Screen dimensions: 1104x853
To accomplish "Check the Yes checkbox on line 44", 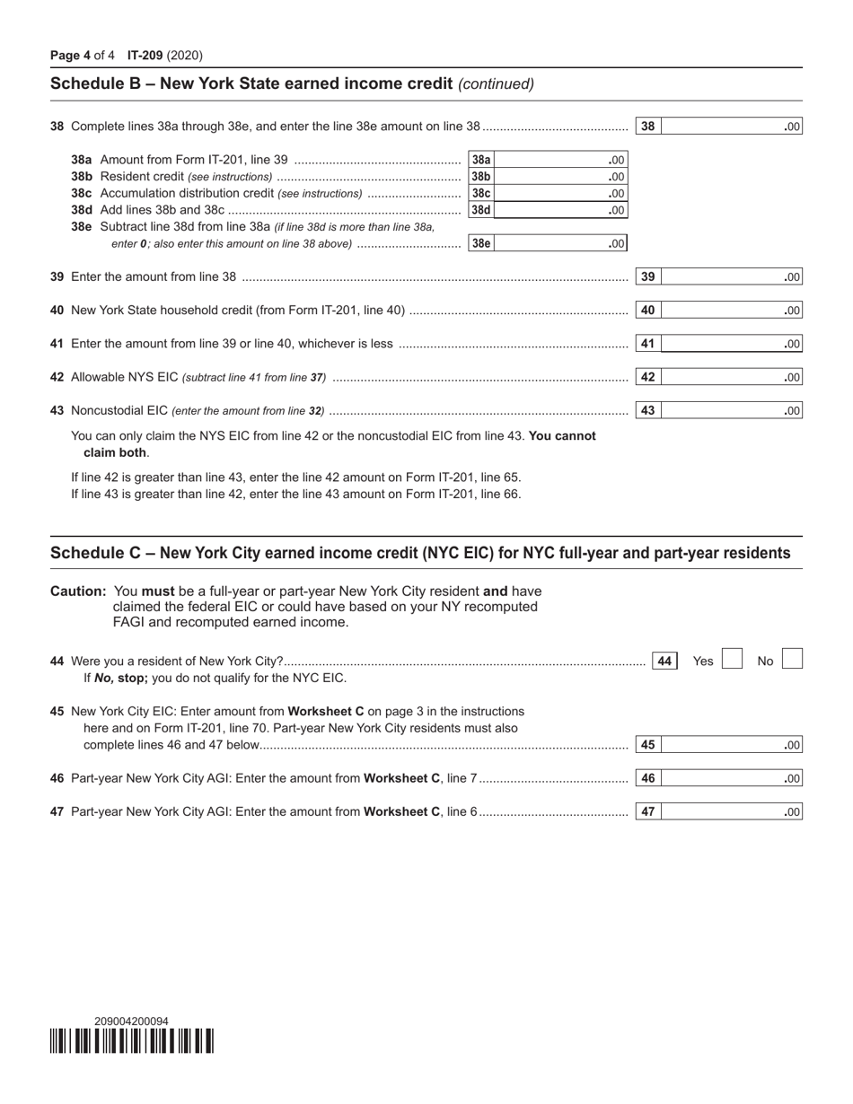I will tap(733, 660).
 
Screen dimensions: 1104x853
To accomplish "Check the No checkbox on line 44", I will tap(791, 660).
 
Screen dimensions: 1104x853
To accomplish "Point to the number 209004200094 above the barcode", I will tap(131, 1021).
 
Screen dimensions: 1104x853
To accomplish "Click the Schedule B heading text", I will tap(251, 84).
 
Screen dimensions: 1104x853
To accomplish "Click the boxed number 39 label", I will tap(647, 277).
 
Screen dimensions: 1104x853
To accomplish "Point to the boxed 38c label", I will tap(481, 193).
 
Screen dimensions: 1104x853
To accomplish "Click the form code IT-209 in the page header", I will tap(145, 56).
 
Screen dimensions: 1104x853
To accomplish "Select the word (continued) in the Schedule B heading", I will tap(496, 84).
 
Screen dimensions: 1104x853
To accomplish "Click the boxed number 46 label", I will tap(647, 778).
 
